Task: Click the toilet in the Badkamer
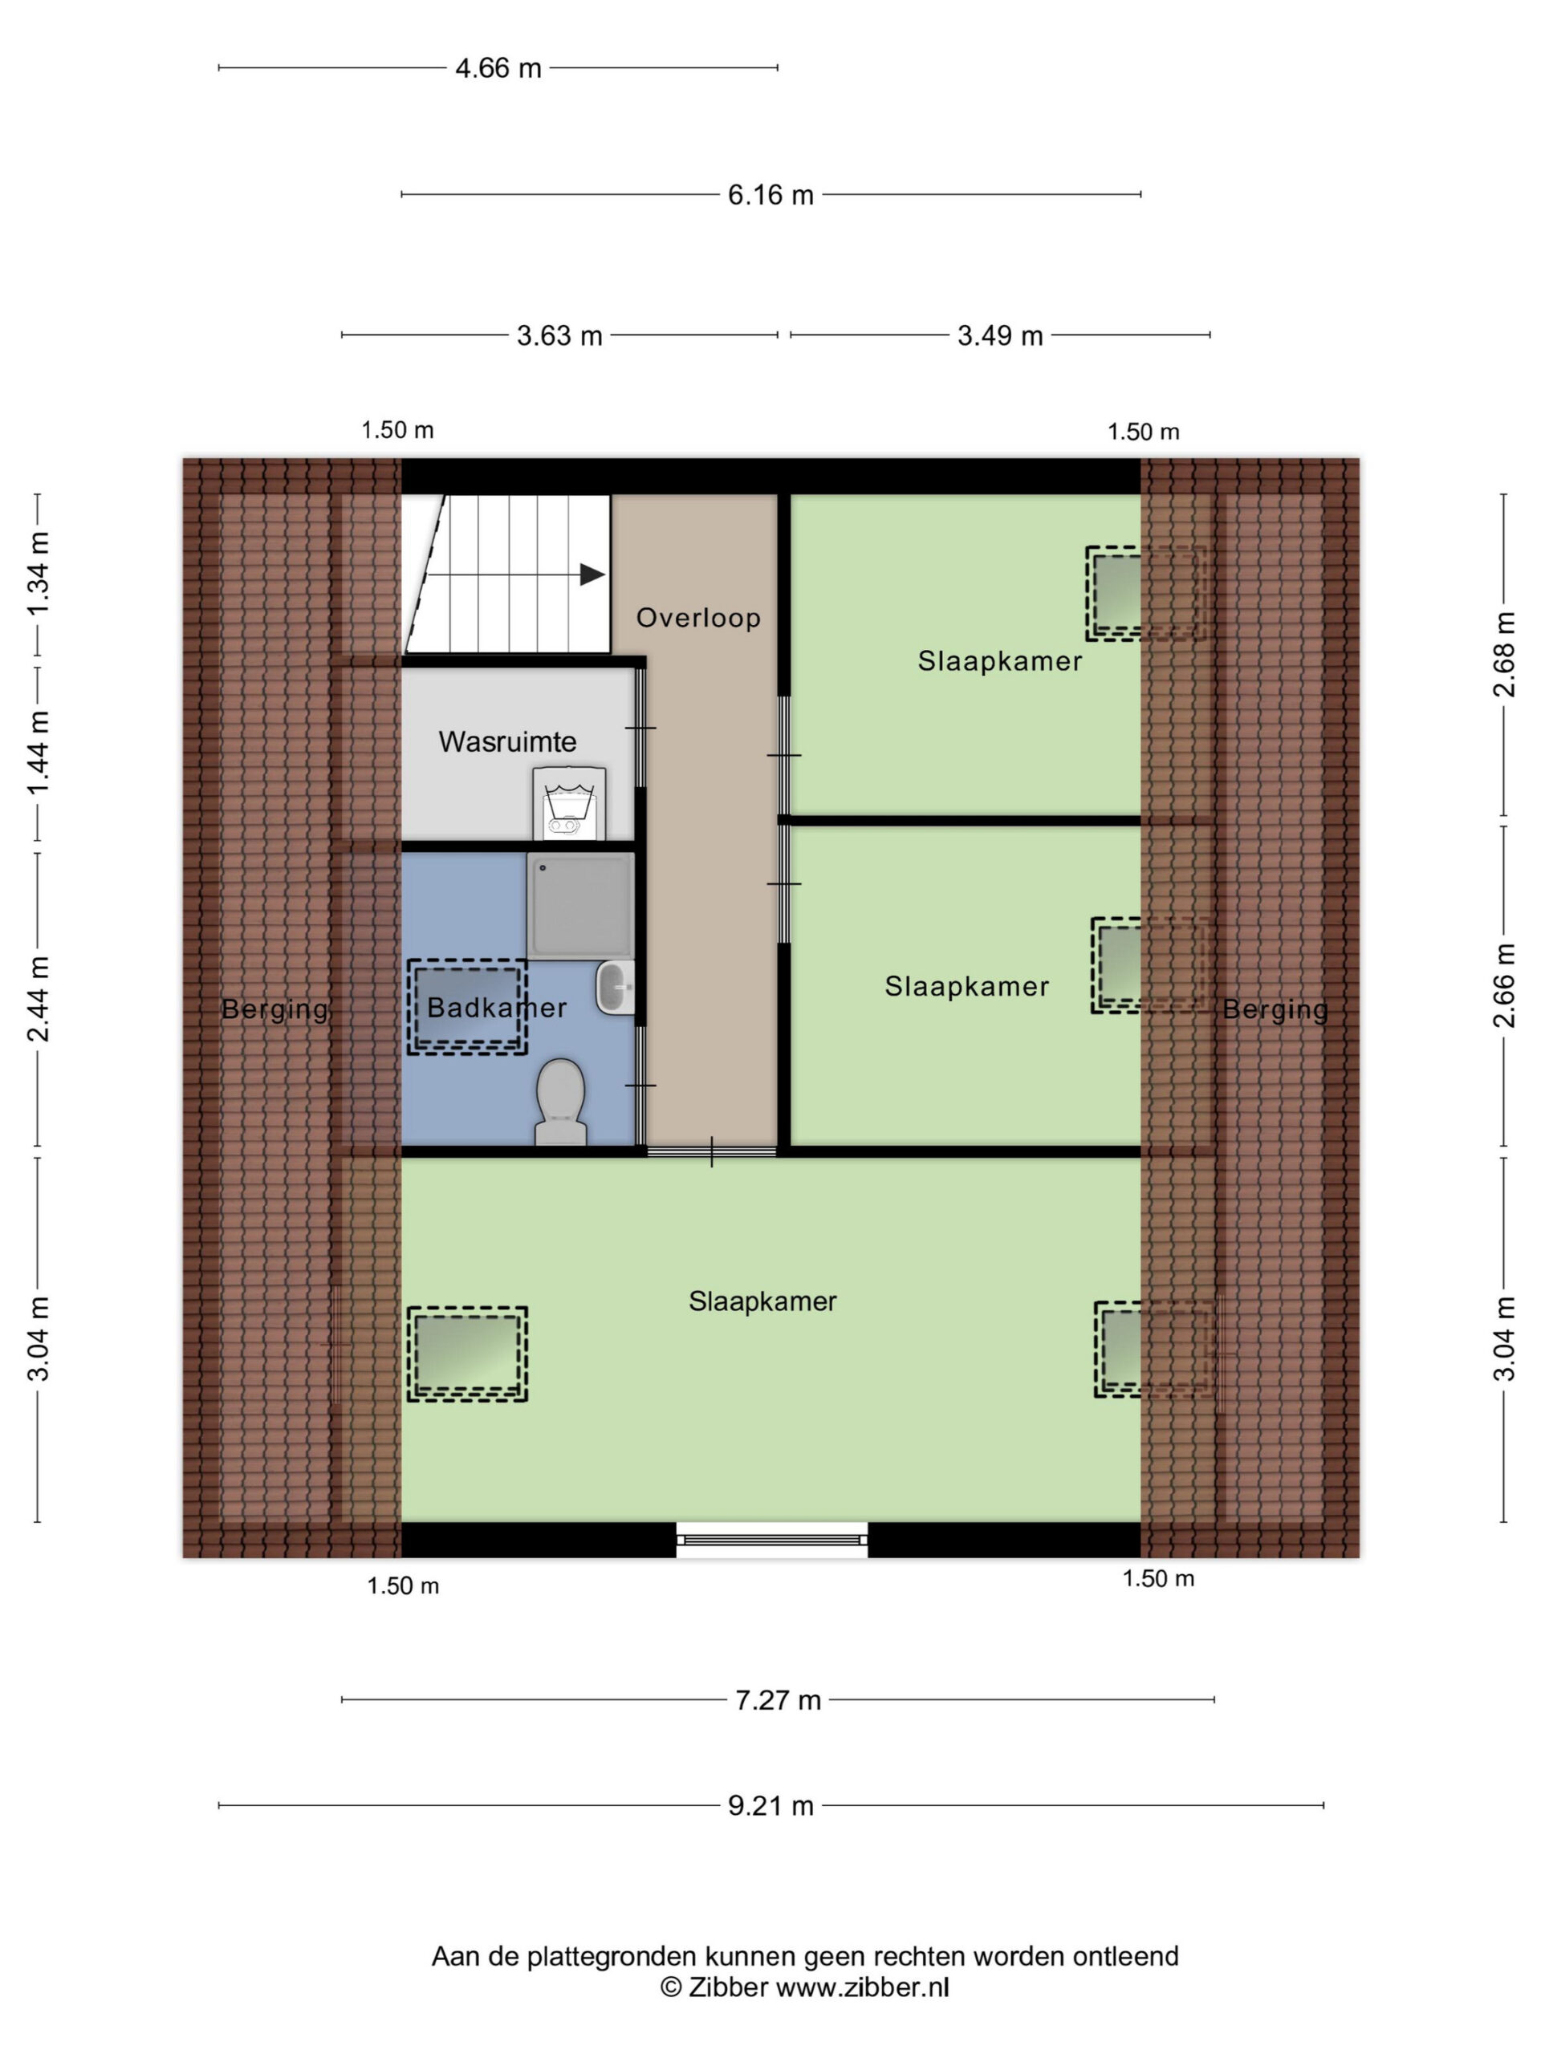[560, 1102]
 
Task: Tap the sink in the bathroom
[614, 987]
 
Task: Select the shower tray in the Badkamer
[580, 905]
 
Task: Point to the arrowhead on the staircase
[592, 574]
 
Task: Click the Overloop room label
[698, 618]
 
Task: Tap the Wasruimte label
[507, 742]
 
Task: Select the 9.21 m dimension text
[771, 1805]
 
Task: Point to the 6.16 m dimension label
[771, 195]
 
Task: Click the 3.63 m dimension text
[559, 335]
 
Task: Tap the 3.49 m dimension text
[1000, 335]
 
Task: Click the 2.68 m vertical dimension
[1504, 654]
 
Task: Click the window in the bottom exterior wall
[772, 1540]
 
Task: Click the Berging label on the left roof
[275, 1009]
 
